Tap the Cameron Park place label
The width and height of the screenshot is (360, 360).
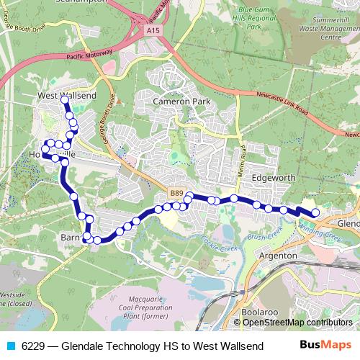click(181, 102)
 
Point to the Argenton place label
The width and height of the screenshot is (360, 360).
click(277, 256)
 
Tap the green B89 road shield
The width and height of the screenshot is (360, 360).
click(178, 194)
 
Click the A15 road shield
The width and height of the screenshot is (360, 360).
click(151, 31)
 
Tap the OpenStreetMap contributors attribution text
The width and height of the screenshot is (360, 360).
click(297, 323)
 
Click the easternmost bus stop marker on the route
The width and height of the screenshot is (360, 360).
click(315, 212)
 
